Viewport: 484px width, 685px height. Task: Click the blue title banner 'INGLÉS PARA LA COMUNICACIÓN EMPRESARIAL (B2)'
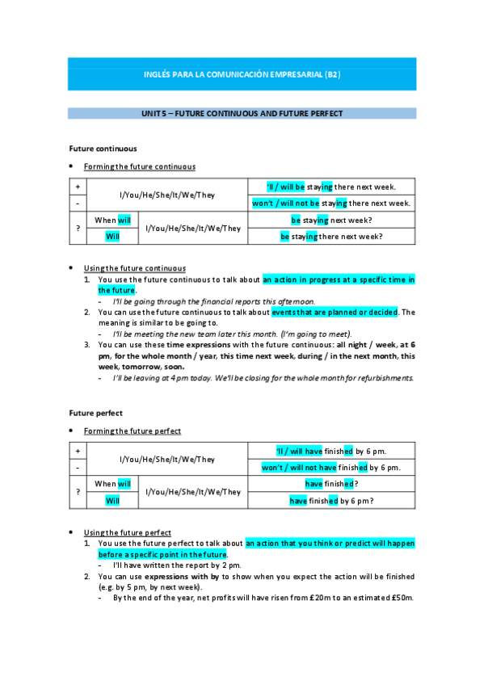(x=242, y=74)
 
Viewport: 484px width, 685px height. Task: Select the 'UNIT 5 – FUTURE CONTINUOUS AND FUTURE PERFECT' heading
(x=242, y=114)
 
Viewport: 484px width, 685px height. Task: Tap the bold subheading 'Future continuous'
(x=103, y=149)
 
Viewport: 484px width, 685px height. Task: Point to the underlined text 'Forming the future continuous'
(x=139, y=166)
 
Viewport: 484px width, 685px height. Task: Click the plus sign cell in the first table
(x=78, y=186)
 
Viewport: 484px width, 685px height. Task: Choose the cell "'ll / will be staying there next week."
(x=331, y=186)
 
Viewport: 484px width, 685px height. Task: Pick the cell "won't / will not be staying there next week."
(x=331, y=203)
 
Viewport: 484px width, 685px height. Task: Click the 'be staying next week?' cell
(x=331, y=220)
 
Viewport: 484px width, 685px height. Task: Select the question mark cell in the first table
(x=78, y=228)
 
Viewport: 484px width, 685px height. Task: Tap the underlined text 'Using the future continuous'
(x=135, y=268)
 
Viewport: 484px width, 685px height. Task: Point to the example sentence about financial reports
(x=214, y=301)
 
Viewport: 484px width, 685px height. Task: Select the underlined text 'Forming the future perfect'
(x=133, y=431)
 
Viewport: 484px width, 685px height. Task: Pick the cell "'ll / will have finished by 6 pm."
(x=331, y=451)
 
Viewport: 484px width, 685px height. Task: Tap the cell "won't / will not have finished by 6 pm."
(x=331, y=468)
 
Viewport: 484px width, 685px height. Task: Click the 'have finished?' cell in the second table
(x=331, y=484)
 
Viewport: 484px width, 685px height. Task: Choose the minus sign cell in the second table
(x=78, y=468)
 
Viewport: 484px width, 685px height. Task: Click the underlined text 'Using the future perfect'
(x=128, y=532)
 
